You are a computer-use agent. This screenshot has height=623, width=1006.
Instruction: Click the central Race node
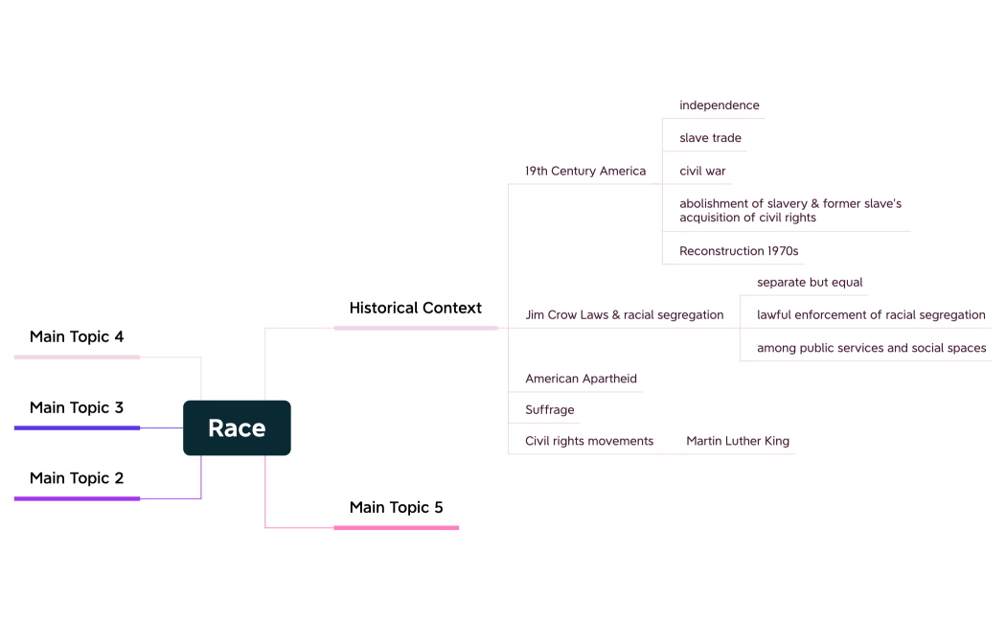(x=237, y=427)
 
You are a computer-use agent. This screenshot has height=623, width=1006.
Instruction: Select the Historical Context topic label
(x=415, y=309)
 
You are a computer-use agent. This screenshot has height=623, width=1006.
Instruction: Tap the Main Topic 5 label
(x=396, y=508)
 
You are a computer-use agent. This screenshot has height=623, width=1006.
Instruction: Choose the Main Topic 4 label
(x=77, y=337)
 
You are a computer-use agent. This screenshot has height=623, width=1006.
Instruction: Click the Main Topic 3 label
(x=77, y=408)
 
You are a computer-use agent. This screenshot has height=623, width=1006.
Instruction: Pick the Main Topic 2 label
(x=77, y=478)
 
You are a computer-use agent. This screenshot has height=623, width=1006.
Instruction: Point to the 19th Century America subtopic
(x=585, y=172)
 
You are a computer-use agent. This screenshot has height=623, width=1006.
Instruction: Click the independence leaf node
(x=719, y=105)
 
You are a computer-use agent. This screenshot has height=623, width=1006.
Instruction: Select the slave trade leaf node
(x=710, y=138)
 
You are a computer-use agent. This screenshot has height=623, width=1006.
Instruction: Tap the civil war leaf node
(x=702, y=172)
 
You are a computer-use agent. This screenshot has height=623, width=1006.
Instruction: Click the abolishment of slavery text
(x=789, y=211)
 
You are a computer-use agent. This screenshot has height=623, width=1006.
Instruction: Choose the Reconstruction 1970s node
(x=739, y=251)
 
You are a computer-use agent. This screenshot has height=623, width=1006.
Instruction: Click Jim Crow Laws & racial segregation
(x=624, y=315)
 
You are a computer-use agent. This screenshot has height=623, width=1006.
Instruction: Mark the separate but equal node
(x=810, y=283)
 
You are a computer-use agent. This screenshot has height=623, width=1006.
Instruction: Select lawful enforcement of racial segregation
(x=871, y=315)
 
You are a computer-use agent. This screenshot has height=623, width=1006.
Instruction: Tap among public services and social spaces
(x=871, y=348)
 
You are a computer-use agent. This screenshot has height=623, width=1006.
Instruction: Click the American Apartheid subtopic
(x=581, y=379)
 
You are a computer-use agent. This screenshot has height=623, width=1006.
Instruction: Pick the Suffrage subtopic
(x=550, y=410)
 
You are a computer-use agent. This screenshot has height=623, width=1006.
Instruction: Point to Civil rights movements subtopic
(x=589, y=442)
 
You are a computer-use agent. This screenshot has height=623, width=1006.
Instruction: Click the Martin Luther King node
(x=738, y=442)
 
